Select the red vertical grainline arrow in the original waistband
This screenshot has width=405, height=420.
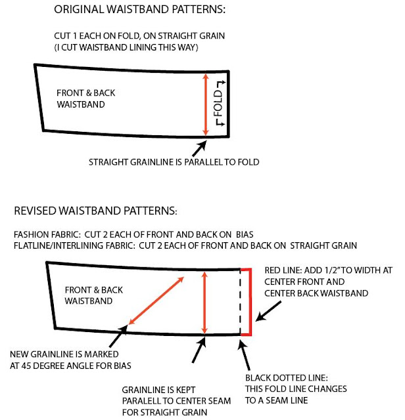click(x=206, y=105)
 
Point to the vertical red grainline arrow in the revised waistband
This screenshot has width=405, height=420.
click(x=206, y=301)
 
